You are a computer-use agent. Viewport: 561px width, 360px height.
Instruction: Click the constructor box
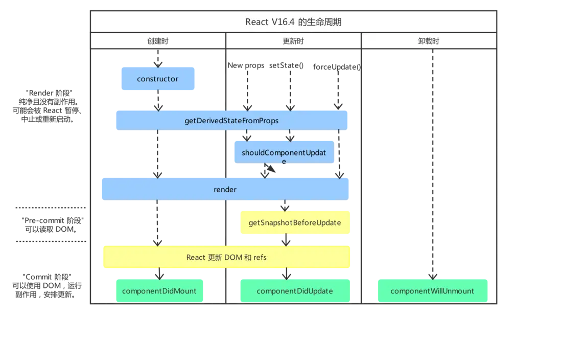tap(157, 79)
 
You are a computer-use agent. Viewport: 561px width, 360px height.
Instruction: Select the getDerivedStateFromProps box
tap(232, 121)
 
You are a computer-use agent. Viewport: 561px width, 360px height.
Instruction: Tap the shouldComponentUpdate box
tap(284, 152)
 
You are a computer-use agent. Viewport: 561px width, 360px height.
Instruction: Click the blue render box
tap(225, 189)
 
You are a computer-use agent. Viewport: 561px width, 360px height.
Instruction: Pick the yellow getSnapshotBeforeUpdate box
tap(295, 223)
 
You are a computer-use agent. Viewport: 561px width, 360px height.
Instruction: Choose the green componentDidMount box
tap(159, 291)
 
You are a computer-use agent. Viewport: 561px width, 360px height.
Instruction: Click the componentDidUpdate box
tap(295, 291)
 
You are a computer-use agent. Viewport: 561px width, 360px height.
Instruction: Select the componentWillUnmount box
tap(432, 291)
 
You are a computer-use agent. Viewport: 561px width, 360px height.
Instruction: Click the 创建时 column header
tap(158, 41)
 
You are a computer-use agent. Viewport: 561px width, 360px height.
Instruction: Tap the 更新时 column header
tap(293, 41)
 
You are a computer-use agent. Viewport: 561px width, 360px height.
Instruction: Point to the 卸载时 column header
tap(429, 41)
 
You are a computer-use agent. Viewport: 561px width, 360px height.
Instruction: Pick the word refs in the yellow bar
tap(260, 257)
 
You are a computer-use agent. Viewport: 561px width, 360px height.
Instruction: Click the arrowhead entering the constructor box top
tap(157, 64)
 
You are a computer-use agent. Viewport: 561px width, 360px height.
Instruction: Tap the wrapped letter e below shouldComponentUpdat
tap(284, 161)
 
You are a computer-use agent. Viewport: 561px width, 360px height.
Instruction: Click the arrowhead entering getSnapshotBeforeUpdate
tap(286, 207)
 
